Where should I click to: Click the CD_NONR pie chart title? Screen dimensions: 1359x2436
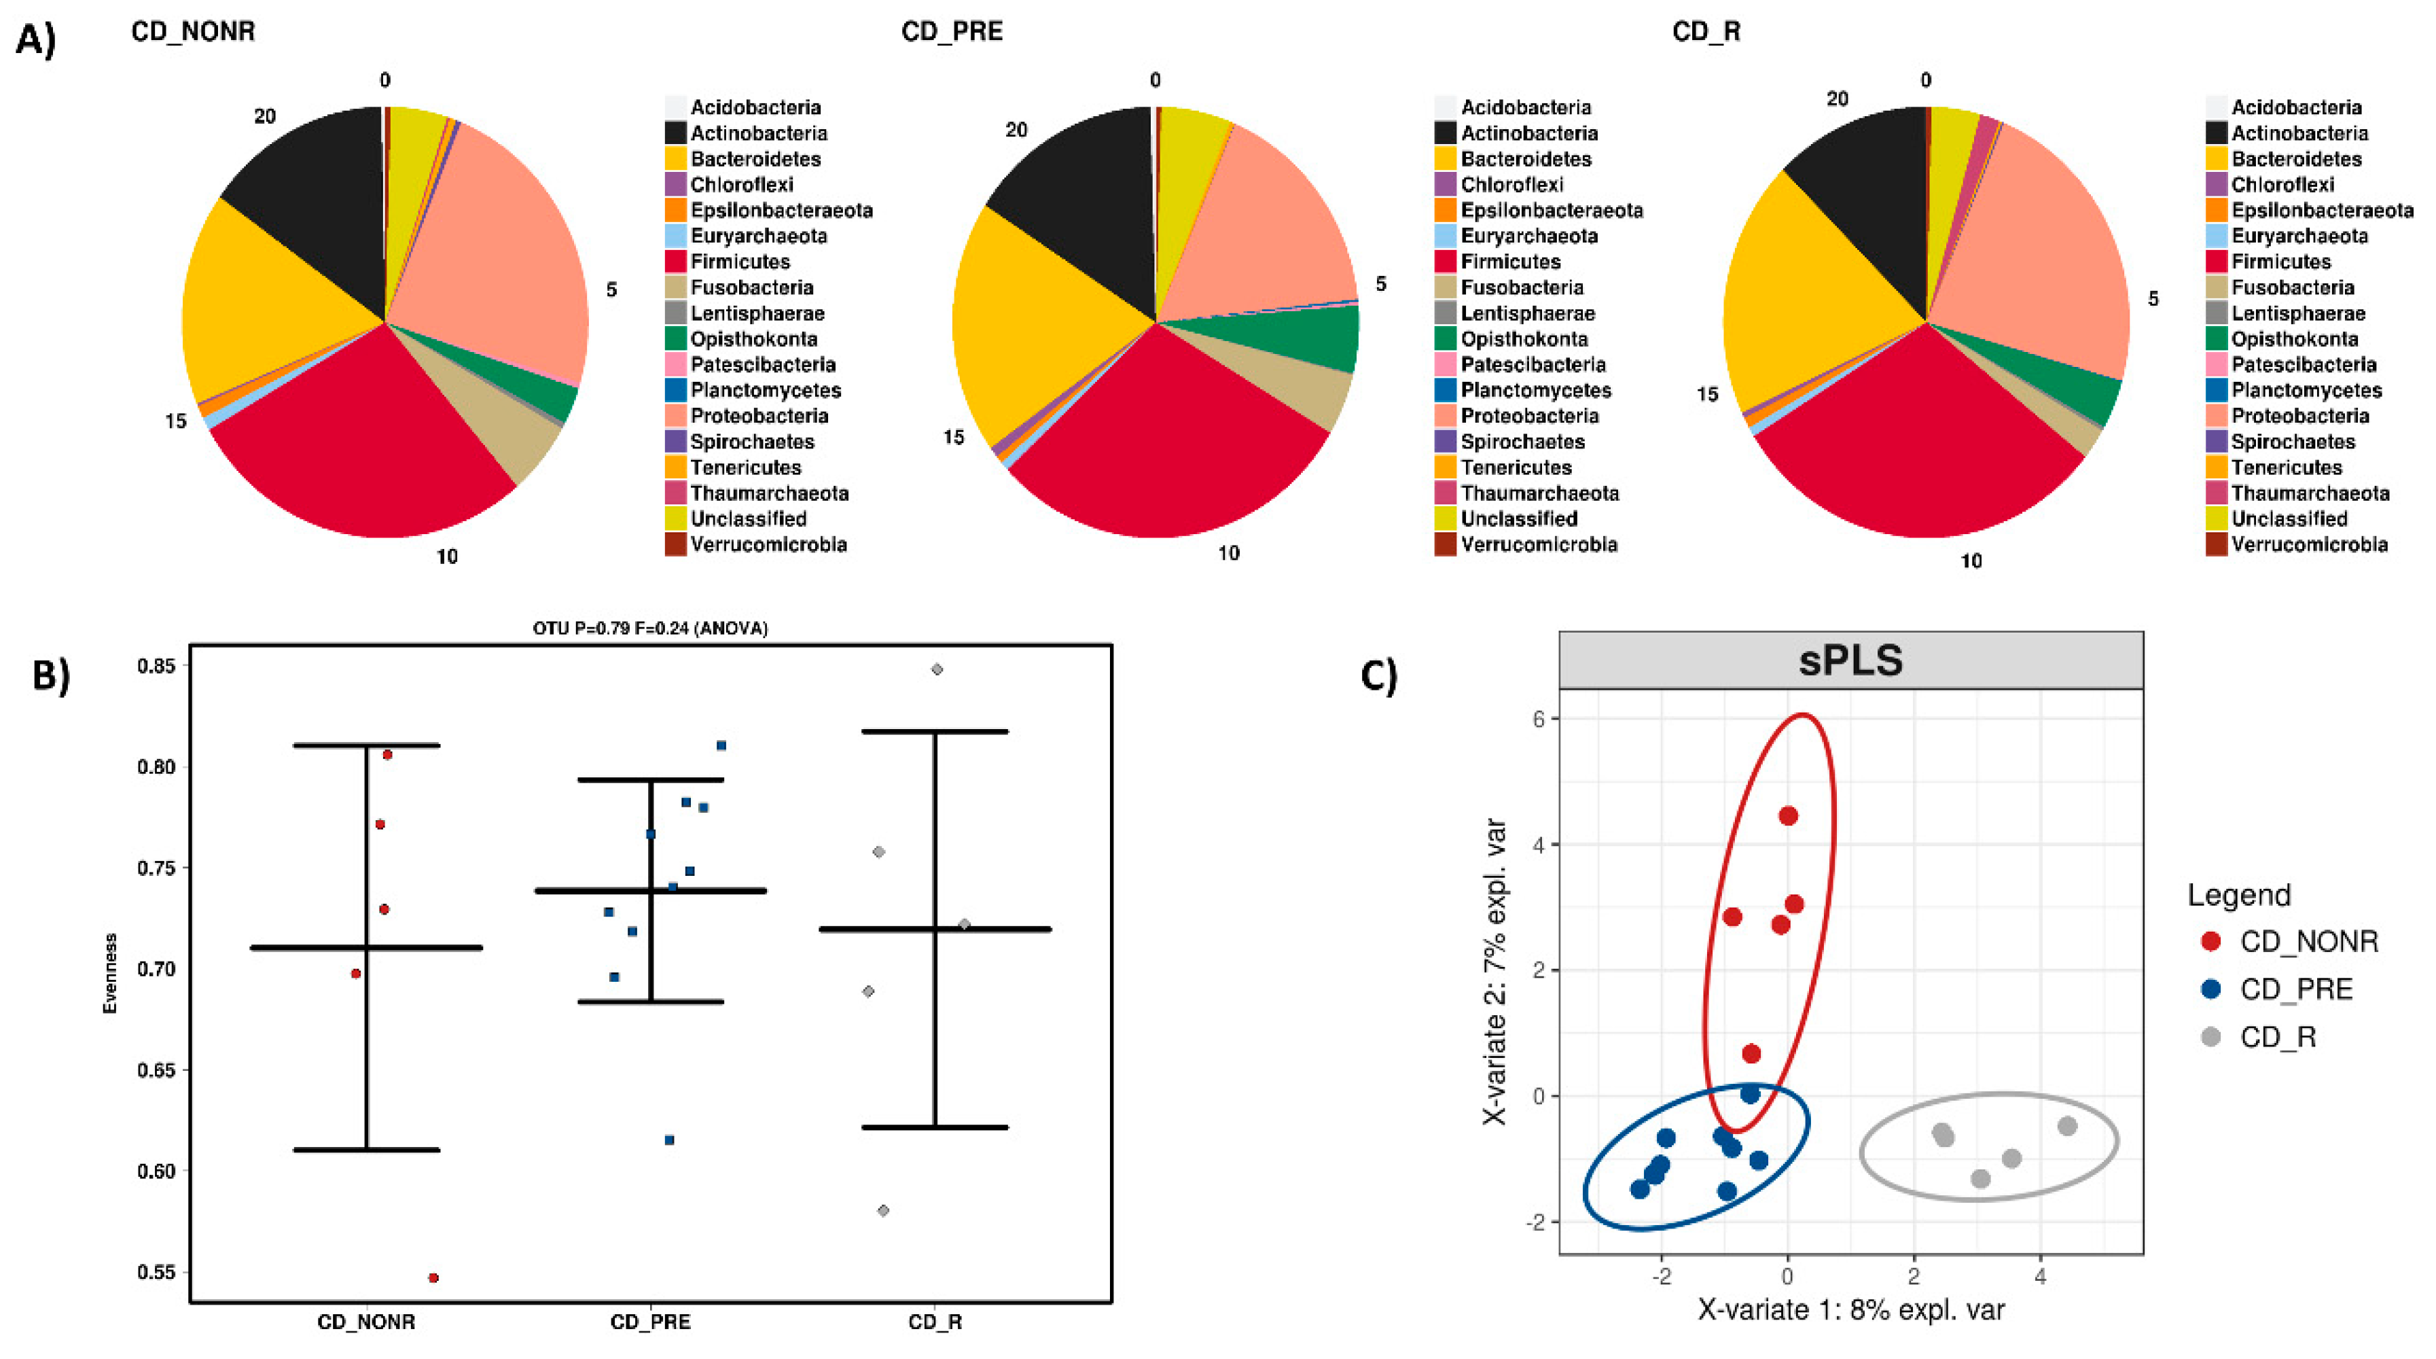pos(193,31)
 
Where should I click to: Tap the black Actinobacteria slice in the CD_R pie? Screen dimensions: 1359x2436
pos(1867,189)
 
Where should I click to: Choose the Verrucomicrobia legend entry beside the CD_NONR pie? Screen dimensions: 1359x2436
pos(767,545)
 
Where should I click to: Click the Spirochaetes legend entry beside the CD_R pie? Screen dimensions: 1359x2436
pos(2292,442)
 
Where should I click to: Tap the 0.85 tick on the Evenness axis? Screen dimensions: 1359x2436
pos(156,666)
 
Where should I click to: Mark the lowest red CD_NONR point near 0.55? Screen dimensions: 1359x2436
pos(433,1277)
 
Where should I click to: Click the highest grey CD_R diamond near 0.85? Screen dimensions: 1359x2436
pos(936,669)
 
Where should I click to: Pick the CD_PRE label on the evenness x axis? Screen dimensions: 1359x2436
pos(651,1322)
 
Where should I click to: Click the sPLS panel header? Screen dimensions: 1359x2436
pos(1850,660)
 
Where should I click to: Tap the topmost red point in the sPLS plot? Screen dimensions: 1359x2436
pos(1787,816)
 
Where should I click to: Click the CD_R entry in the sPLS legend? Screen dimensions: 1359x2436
pos(2277,1038)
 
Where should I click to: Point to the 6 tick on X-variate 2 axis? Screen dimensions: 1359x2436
pos(1539,719)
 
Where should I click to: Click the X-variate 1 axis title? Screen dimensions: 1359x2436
pos(1850,1310)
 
